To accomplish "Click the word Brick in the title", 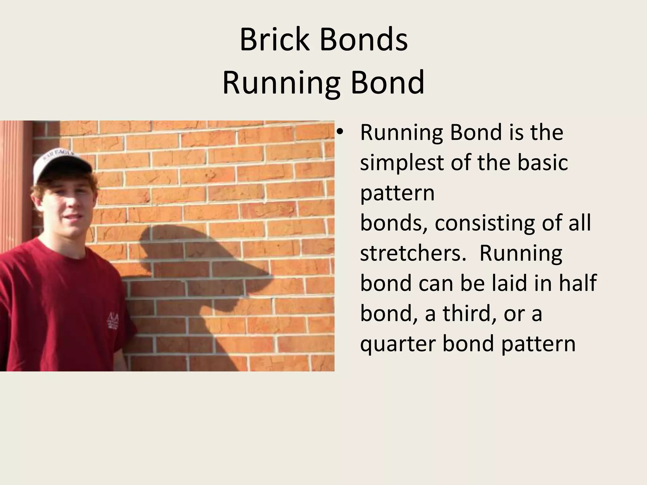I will tap(274, 40).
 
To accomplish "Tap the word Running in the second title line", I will tap(281, 83).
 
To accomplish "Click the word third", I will tap(469, 313).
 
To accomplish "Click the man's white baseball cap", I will tap(60, 159).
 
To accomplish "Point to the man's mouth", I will tap(73, 218).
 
